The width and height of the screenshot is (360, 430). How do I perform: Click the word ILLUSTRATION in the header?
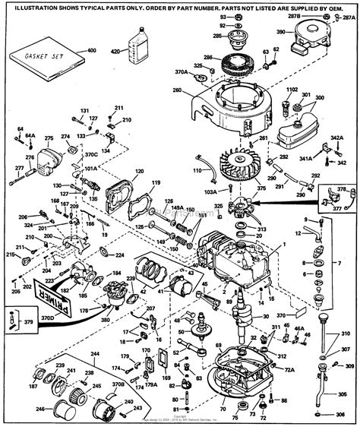37,7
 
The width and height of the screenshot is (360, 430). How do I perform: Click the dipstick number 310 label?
346,334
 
